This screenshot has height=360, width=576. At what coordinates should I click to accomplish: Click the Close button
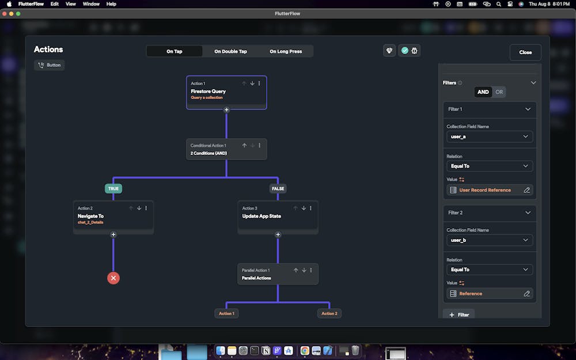[525, 52]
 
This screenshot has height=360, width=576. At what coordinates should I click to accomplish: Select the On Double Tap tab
[230, 51]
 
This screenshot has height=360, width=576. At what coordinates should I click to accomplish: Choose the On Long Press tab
[286, 51]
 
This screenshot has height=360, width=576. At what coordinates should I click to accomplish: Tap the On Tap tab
[175, 51]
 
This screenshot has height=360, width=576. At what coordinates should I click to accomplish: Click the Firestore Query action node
[226, 92]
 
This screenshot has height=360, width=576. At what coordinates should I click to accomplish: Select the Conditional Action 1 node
[226, 149]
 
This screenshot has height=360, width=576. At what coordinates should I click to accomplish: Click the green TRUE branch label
[113, 188]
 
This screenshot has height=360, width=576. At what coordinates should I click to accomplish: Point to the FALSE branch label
[278, 188]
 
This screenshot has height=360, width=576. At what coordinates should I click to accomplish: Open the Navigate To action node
[113, 217]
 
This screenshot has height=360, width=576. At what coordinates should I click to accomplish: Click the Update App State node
[278, 217]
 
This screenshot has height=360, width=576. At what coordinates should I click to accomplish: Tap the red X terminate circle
[113, 278]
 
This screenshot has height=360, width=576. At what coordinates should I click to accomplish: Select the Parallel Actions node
[278, 274]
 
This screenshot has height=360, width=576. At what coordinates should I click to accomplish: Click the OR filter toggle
[499, 92]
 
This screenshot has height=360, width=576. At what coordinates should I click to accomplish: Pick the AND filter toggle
[483, 92]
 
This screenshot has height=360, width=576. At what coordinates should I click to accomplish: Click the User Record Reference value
[485, 190]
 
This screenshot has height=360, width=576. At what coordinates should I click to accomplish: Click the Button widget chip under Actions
[50, 65]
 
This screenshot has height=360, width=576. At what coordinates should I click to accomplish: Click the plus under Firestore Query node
[226, 109]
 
